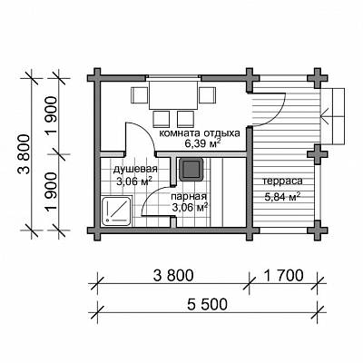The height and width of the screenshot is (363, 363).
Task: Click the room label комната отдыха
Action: pos(200,133)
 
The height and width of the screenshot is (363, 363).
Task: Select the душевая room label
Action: pos(135,170)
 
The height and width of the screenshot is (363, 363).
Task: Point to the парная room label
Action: pos(189,197)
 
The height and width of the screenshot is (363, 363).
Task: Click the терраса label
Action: pos(282,181)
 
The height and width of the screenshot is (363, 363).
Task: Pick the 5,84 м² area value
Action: pos(282,197)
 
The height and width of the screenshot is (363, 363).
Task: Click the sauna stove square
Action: pos(191,169)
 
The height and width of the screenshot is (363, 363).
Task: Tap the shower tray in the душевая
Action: pos(117,211)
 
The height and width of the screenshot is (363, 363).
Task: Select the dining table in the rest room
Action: pos(172,94)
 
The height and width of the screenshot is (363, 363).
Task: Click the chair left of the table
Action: pos(139,94)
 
